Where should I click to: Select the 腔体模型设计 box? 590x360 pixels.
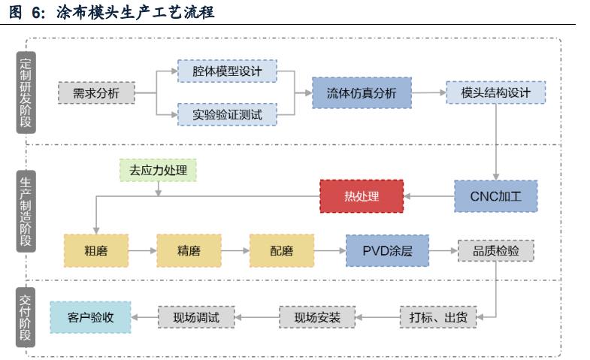tap(227, 71)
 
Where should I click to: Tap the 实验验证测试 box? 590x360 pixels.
tap(227, 115)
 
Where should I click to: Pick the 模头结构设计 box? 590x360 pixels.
tap(495, 93)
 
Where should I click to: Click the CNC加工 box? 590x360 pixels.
tap(495, 196)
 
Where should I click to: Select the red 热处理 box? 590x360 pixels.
tap(362, 196)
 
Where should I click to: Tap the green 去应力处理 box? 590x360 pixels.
tap(158, 170)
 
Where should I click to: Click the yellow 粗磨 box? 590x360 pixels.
tap(95, 251)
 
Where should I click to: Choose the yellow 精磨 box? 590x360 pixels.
tap(189, 251)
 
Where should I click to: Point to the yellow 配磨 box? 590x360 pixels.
tap(281, 251)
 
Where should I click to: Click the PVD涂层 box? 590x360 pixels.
tap(387, 251)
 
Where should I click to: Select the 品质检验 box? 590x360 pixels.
tap(495, 251)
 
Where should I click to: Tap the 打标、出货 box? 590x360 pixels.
tap(437, 317)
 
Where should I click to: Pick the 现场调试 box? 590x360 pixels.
tap(196, 317)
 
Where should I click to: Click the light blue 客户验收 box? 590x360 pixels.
tap(90, 317)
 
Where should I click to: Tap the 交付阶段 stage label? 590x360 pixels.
tap(26, 316)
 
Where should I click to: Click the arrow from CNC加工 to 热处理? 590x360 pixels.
tap(428, 196)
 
